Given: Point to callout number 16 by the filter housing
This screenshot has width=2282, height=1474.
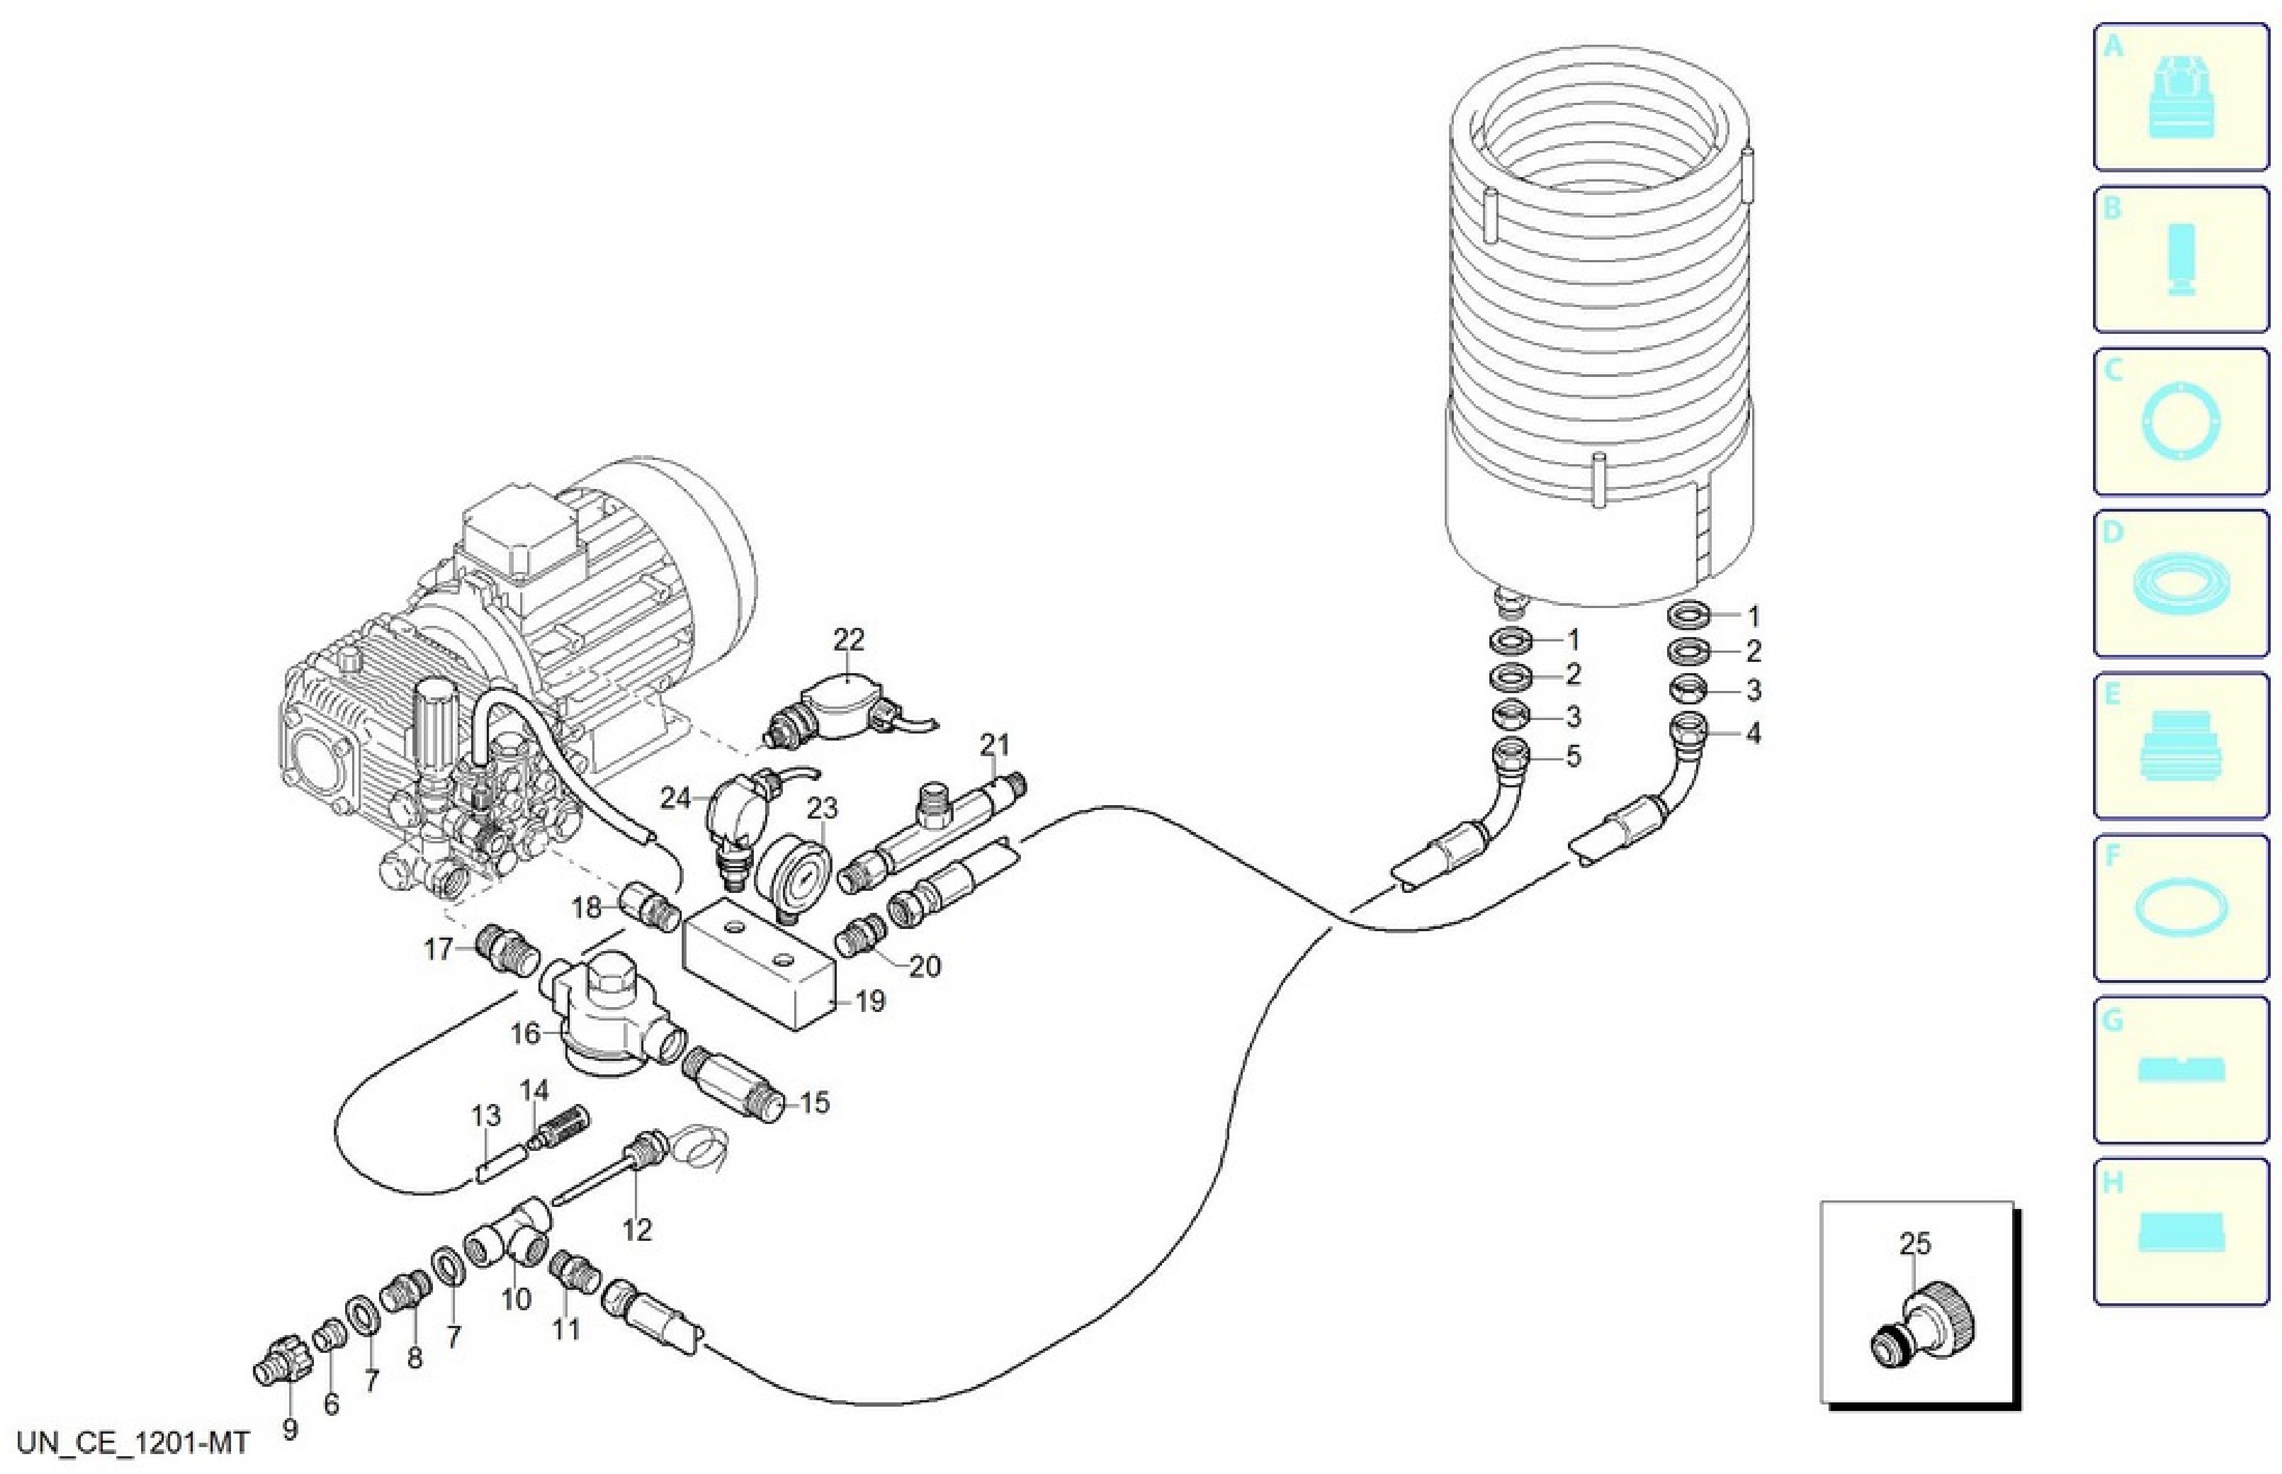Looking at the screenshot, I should pyautogui.click(x=526, y=1033).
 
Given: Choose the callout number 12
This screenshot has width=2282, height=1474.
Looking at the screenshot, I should pyautogui.click(x=636, y=1228).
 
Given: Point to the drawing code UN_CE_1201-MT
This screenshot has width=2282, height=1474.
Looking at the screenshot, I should pyautogui.click(x=133, y=1442).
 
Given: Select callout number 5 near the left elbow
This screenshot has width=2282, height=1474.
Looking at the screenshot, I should pyautogui.click(x=1573, y=756).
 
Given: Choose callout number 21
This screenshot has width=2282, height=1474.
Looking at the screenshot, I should pyautogui.click(x=994, y=744).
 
